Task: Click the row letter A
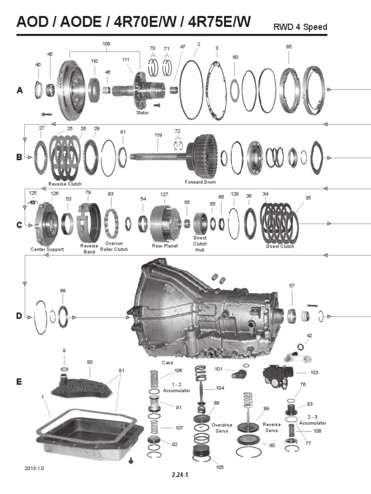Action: click(20, 90)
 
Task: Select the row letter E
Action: click(19, 381)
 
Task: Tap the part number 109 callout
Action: click(106, 44)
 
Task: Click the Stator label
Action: click(143, 112)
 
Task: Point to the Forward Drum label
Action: click(200, 182)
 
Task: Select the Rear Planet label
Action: click(165, 246)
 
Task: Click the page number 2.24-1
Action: click(180, 475)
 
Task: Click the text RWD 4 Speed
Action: click(300, 27)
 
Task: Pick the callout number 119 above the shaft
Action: click(158, 136)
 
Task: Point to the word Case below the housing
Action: click(168, 362)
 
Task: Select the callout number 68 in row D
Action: click(63, 291)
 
